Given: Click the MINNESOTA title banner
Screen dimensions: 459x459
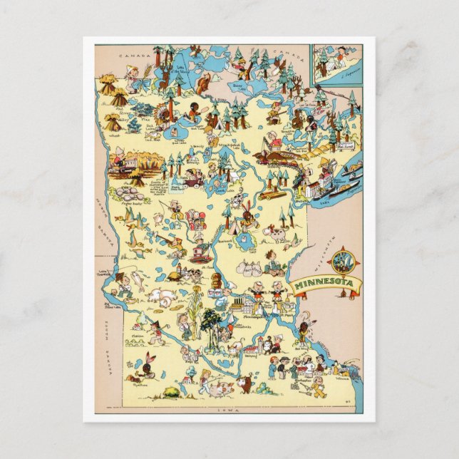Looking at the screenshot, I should pyautogui.click(x=326, y=284).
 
